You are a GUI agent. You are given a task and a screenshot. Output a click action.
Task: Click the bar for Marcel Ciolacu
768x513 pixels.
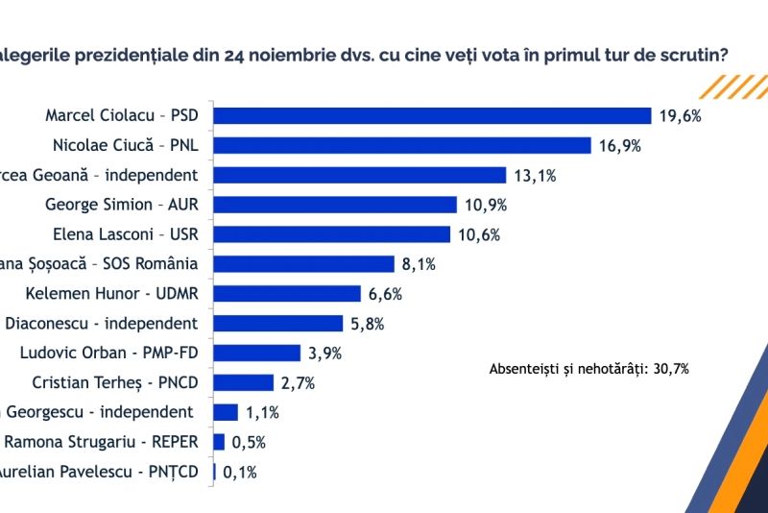(432, 116)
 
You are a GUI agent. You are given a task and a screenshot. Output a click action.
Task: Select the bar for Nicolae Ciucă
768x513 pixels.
(401, 145)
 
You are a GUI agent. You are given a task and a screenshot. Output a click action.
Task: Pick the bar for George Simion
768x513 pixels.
(334, 205)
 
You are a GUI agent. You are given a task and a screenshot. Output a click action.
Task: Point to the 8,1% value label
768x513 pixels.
(418, 264)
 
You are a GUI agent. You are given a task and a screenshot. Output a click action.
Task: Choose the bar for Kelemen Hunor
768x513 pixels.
(286, 293)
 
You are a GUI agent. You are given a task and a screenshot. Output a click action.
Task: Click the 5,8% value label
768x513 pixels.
(367, 324)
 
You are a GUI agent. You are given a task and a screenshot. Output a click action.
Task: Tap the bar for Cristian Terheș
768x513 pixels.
(243, 382)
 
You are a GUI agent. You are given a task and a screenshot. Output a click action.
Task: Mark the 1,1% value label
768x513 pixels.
(262, 412)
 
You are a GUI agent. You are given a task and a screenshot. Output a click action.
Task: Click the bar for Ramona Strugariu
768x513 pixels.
(219, 442)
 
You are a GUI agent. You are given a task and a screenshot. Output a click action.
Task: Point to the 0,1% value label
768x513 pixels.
(240, 472)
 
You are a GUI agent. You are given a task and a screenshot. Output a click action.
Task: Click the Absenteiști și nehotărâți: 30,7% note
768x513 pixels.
(588, 369)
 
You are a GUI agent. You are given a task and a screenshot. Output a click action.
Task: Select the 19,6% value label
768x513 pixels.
(680, 116)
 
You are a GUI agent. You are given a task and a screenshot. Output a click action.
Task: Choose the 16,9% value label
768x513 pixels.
(618, 146)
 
